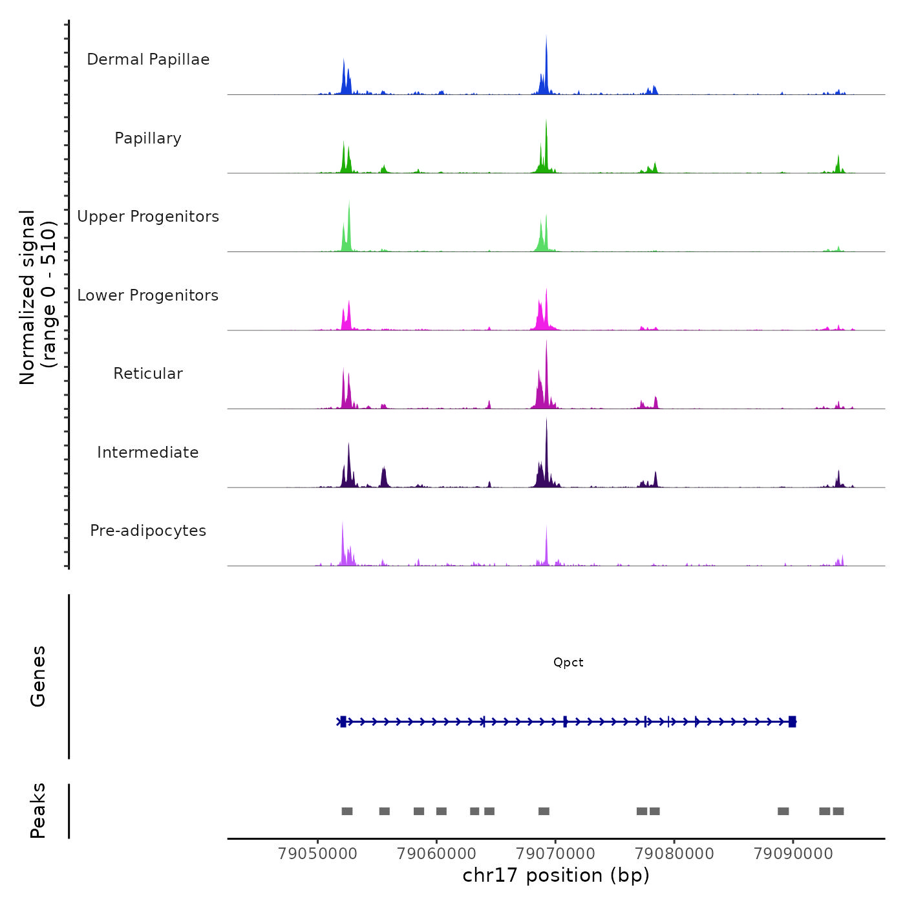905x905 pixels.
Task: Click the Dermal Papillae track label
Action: point(148,59)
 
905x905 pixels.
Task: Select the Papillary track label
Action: point(148,138)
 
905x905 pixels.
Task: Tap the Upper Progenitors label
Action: point(148,217)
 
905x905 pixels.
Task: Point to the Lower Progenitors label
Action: point(148,295)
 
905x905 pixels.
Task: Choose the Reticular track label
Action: point(148,374)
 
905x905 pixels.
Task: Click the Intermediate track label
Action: point(148,452)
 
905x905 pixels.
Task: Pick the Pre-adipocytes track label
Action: point(148,531)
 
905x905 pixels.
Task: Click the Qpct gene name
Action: point(568,663)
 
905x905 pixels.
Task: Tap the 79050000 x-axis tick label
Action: point(317,853)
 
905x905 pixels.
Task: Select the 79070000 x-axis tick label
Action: point(555,853)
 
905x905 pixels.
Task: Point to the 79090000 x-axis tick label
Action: point(793,853)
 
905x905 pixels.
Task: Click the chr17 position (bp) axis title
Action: point(556,875)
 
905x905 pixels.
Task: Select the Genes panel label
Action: point(38,676)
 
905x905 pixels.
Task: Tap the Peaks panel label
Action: point(38,811)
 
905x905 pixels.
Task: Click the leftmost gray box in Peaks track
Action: point(347,811)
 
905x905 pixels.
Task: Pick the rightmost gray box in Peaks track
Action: point(838,811)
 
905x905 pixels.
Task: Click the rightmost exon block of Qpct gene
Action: point(792,722)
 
